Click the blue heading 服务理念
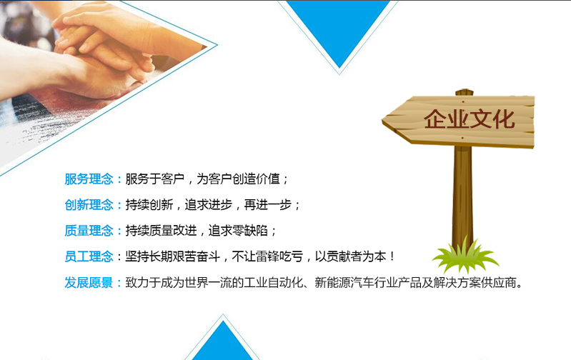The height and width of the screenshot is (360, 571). (x=89, y=179)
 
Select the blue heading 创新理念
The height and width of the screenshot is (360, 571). (x=89, y=205)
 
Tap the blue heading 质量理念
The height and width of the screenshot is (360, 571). (x=89, y=231)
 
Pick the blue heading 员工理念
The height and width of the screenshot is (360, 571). (x=89, y=256)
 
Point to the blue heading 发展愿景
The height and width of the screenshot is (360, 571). (x=89, y=282)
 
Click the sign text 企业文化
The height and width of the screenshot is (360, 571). (x=469, y=119)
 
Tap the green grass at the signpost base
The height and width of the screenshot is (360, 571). (x=465, y=256)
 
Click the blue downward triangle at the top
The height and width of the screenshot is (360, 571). (x=339, y=33)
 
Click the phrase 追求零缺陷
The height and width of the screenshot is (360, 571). (x=238, y=231)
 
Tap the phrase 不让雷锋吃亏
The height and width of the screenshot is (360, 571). (x=268, y=256)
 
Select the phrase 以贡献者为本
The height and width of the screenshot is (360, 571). (x=350, y=256)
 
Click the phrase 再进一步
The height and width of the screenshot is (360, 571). (x=268, y=205)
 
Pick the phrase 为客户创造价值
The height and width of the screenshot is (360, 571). (x=238, y=179)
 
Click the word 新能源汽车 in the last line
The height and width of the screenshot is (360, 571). (x=344, y=282)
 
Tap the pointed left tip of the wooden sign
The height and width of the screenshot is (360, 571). (x=382, y=121)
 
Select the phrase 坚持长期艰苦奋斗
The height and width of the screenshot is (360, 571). (x=173, y=256)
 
